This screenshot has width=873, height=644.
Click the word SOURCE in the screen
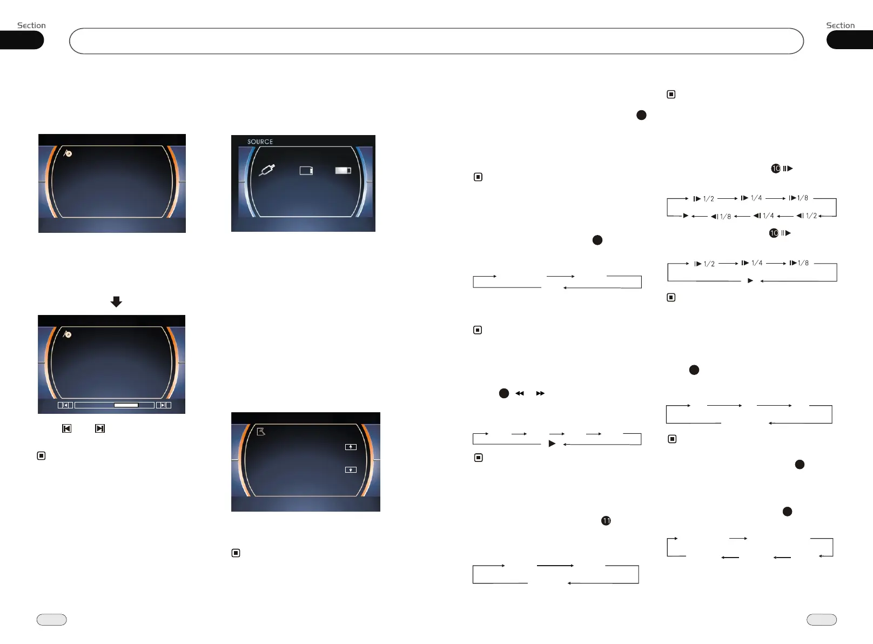click(x=260, y=142)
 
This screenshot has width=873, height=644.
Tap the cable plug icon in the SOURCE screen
click(x=267, y=170)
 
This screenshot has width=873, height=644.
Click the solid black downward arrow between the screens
click(x=116, y=301)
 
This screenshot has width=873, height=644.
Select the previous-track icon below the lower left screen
click(x=67, y=428)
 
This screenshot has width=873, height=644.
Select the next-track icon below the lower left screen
click(x=100, y=428)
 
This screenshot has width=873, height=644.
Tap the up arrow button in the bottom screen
click(x=351, y=447)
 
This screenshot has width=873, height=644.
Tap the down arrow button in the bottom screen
click(x=351, y=469)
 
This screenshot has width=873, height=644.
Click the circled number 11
click(x=606, y=521)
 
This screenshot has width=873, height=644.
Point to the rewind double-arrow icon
click(x=520, y=393)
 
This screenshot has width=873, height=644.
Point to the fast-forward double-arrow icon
click(x=540, y=393)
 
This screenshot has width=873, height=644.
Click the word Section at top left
click(x=31, y=25)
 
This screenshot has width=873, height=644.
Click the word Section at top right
click(x=840, y=25)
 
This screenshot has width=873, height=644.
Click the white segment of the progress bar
click(x=126, y=405)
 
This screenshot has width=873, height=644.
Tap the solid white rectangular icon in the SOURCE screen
click(x=343, y=170)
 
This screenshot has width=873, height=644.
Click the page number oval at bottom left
click(x=52, y=620)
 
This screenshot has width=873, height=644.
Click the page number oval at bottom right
click(x=821, y=620)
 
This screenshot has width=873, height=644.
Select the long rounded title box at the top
click(x=436, y=41)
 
